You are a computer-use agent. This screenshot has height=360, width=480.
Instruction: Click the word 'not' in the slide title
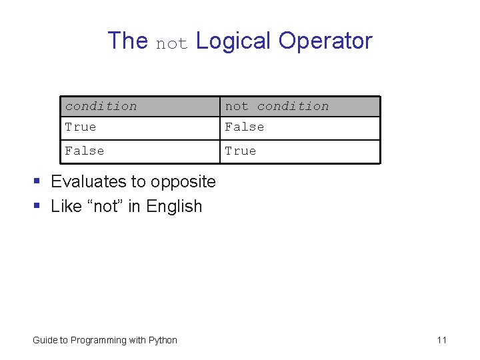(172, 43)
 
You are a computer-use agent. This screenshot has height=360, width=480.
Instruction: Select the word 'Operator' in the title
(325, 41)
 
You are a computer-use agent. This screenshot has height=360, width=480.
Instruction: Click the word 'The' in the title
(127, 41)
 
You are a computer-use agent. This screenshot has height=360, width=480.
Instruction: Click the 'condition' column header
(101, 106)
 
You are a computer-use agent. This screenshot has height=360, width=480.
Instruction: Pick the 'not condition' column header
(277, 106)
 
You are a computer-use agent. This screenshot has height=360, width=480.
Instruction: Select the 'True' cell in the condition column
(81, 127)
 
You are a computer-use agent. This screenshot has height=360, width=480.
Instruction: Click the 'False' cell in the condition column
(85, 151)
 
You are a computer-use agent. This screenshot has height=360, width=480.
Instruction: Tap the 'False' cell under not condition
(245, 127)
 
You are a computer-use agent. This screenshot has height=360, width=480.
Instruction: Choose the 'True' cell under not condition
(241, 151)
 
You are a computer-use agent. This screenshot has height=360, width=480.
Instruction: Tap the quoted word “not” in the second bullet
(105, 206)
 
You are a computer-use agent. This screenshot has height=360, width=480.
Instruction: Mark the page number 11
(441, 340)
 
